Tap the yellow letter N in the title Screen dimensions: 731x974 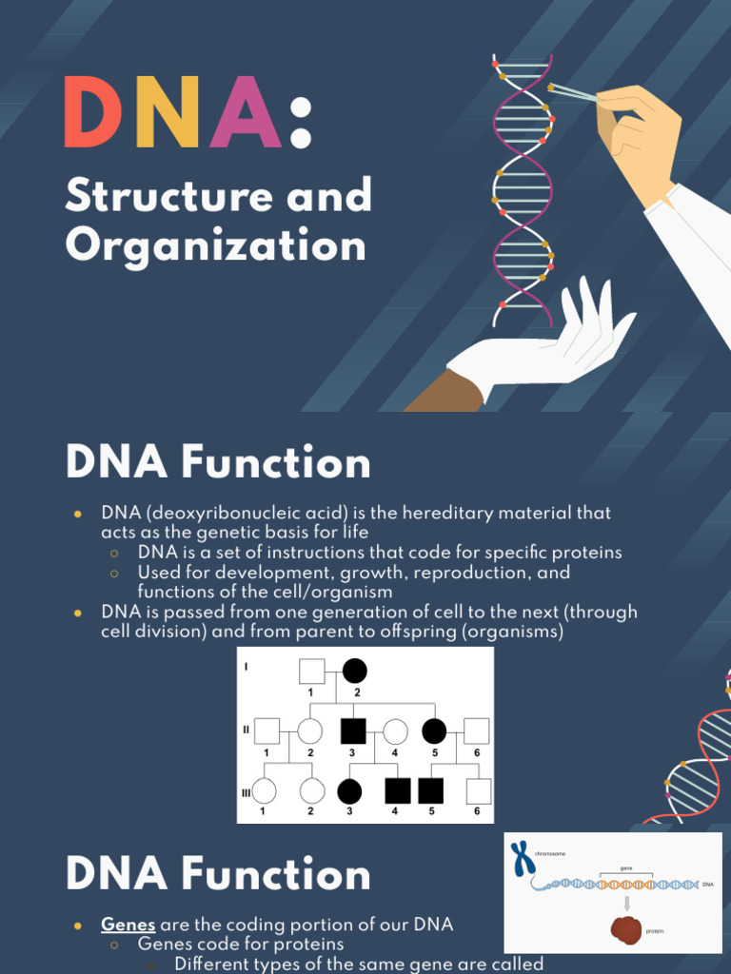click(x=168, y=113)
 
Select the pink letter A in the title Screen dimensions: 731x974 click(x=245, y=113)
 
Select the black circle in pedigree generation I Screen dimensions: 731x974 click(x=354, y=671)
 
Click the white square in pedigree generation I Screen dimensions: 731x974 click(x=311, y=671)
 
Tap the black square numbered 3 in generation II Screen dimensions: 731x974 click(x=352, y=730)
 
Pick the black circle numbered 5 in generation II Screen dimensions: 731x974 click(x=433, y=730)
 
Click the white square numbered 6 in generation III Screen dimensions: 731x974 click(x=478, y=790)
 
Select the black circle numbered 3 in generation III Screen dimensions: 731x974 click(x=349, y=790)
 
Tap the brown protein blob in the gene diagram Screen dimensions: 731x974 click(x=625, y=929)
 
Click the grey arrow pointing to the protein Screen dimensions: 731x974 click(x=626, y=903)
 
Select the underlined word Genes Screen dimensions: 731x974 click(x=128, y=925)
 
